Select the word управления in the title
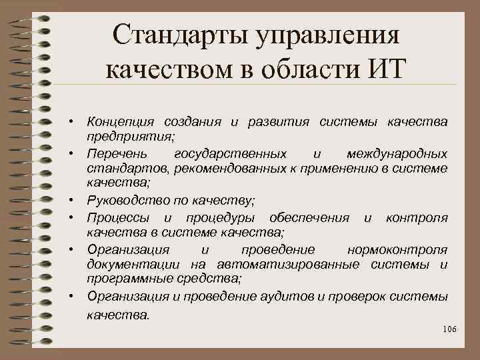pos(331,36)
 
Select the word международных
pos(397,154)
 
